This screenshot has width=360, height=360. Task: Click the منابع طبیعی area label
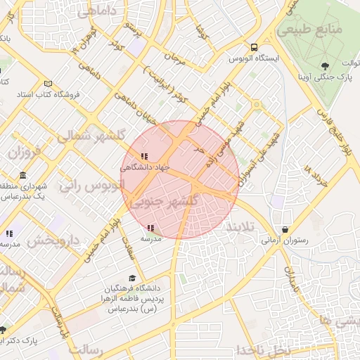[x=319, y=31]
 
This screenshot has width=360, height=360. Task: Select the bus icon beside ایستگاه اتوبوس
[x=234, y=58]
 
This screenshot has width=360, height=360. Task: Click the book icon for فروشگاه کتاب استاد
[x=48, y=83]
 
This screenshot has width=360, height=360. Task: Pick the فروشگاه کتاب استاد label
[x=49, y=94]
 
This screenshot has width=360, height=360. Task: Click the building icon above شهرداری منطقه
[x=23, y=175]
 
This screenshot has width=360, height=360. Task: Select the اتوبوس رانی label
[x=91, y=185]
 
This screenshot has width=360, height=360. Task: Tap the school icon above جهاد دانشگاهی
[x=145, y=156]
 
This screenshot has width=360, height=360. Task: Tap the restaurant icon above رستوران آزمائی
[x=284, y=229]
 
